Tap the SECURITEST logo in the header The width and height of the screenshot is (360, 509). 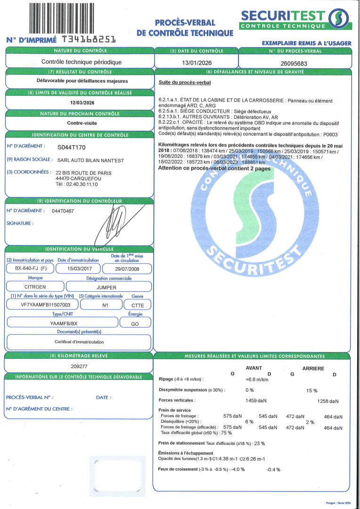[x=295, y=19]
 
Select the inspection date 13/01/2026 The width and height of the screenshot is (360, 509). [x=196, y=62]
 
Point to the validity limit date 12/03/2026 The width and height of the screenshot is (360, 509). [x=79, y=103]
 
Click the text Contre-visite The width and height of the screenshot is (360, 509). [x=79, y=123]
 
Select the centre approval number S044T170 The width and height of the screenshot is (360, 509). [x=72, y=147]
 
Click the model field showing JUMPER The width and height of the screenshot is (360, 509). [x=109, y=287]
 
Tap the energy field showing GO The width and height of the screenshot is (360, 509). [x=134, y=323]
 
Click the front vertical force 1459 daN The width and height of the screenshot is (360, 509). [x=256, y=400]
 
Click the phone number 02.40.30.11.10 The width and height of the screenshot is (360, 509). [x=82, y=185]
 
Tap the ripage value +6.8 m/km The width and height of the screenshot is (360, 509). [x=257, y=379]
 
